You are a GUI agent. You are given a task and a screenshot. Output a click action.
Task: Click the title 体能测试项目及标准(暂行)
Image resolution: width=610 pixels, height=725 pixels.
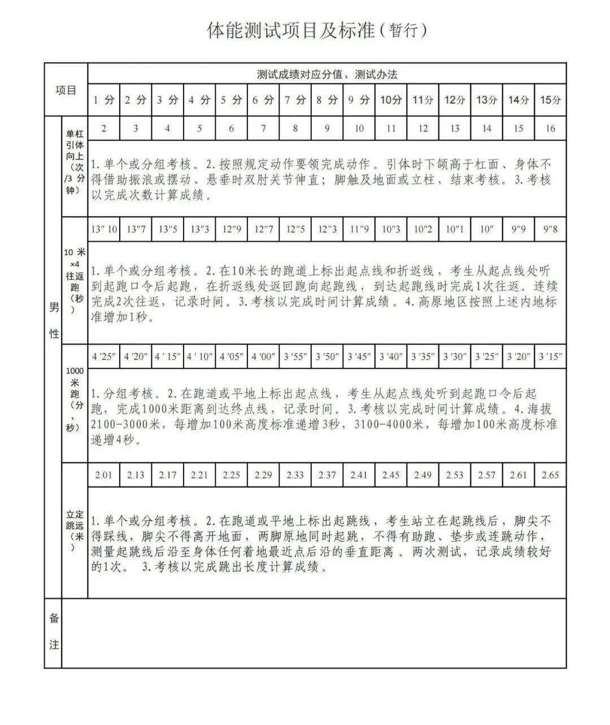tap(317, 31)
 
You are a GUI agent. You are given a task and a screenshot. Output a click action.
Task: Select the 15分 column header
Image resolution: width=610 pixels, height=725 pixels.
tap(551, 100)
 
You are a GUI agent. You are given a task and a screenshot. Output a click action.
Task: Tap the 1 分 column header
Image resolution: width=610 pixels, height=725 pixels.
tap(103, 100)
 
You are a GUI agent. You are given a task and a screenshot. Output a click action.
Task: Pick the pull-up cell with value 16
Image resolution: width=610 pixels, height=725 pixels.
tap(550, 128)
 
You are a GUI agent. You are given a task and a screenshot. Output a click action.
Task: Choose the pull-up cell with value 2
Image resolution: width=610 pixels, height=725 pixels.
tap(103, 128)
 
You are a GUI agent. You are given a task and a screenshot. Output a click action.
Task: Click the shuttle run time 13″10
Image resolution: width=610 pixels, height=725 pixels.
tap(103, 229)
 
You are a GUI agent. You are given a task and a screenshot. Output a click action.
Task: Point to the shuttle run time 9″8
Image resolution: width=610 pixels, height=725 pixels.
tap(550, 229)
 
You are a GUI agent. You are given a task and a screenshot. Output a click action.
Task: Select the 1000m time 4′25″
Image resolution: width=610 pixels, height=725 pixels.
tap(103, 357)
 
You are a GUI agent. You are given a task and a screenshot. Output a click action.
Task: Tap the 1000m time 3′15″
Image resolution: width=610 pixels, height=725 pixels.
tap(550, 357)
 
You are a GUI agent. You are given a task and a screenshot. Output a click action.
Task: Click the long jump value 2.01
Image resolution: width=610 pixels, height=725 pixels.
tap(103, 475)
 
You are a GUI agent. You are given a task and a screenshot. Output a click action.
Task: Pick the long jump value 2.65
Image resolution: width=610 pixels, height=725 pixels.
tap(550, 475)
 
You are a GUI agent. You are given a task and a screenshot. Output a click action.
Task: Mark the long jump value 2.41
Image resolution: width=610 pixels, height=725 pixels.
tap(359, 475)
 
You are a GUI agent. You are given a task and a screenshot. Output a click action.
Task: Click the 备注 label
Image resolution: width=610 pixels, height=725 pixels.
tap(54, 631)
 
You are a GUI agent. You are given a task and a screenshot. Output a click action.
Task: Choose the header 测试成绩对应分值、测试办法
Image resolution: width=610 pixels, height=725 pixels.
tap(327, 75)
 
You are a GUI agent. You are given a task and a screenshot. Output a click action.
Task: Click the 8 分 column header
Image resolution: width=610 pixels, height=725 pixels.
tap(326, 100)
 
